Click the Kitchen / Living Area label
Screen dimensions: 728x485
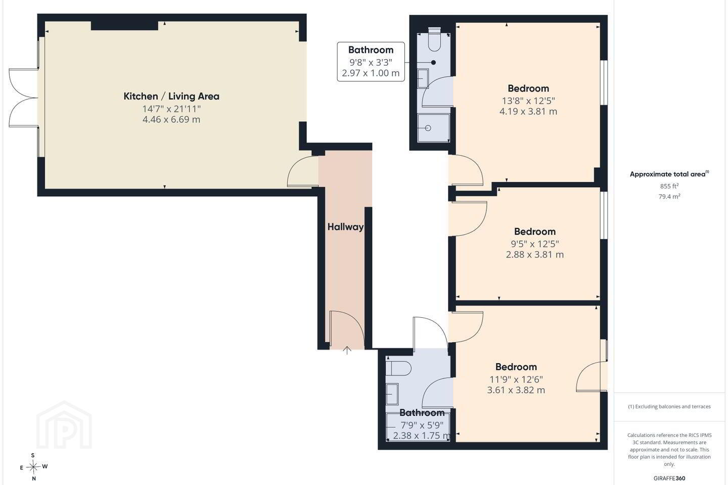click(171, 96)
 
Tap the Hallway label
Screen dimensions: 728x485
click(345, 227)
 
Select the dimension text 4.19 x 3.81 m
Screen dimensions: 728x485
click(528, 112)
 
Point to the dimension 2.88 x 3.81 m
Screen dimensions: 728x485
click(535, 254)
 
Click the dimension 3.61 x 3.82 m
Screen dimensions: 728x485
click(516, 390)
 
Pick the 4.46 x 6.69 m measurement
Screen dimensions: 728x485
click(171, 120)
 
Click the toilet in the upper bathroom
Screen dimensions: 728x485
click(434, 39)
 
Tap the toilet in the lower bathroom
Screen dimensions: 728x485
click(399, 368)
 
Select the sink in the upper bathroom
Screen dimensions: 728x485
click(423, 79)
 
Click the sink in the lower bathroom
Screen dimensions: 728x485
click(392, 394)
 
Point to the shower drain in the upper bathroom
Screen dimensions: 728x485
click(428, 128)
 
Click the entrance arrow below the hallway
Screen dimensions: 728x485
click(347, 351)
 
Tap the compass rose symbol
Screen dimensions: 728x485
click(33, 467)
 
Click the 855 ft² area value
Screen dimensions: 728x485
click(669, 186)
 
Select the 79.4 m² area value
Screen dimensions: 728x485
click(669, 197)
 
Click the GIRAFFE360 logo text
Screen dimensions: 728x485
click(669, 478)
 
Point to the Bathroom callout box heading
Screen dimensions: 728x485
click(371, 50)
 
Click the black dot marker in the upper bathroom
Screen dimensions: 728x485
click(433, 63)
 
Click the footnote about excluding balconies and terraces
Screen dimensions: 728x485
click(669, 406)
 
